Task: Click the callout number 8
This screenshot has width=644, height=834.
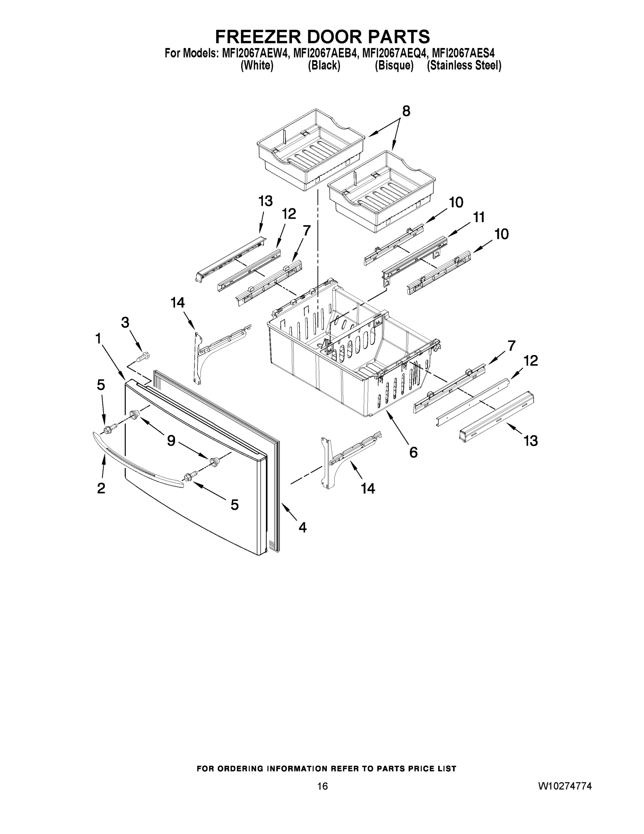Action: [x=406, y=111]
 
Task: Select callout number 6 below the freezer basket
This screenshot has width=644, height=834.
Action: [x=413, y=452]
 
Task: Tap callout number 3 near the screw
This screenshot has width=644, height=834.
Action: [x=125, y=323]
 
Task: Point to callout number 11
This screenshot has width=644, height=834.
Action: [x=479, y=217]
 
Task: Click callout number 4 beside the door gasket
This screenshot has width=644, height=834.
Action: [x=302, y=528]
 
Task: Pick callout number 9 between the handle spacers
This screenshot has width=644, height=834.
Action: [x=171, y=441]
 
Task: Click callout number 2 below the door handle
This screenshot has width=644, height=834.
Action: [x=101, y=488]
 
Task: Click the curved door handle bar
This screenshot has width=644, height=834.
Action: [x=137, y=458]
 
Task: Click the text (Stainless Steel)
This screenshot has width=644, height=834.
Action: [x=464, y=66]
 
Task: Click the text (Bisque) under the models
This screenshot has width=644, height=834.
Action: [x=394, y=66]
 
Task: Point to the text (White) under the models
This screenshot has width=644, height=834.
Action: [x=257, y=66]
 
